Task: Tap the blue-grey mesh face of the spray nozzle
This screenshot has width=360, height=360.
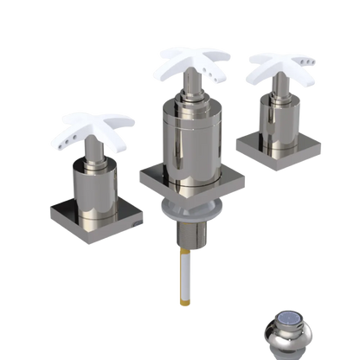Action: [292, 327]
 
